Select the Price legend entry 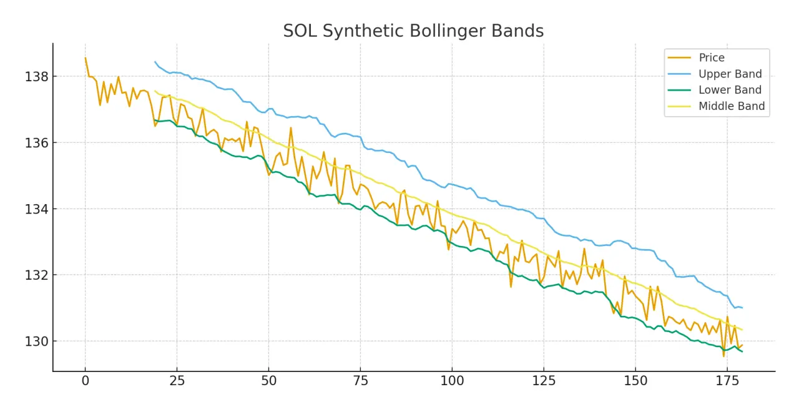(x=712, y=58)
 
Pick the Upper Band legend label (x=730, y=74)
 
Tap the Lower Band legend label (x=730, y=90)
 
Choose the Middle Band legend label (x=731, y=106)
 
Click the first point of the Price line (x=86, y=58)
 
